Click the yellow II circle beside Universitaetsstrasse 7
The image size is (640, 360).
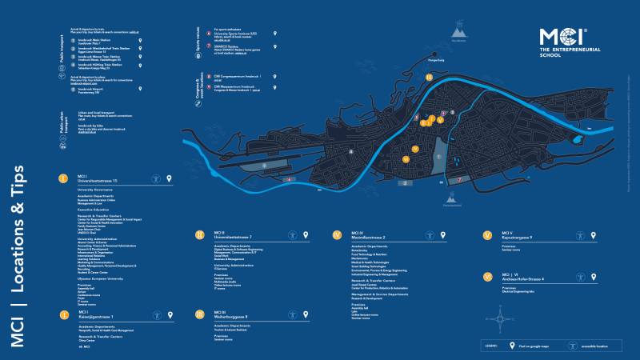pyautogui.click(x=199, y=235)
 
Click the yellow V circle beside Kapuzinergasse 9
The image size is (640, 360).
pyautogui.click(x=486, y=235)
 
